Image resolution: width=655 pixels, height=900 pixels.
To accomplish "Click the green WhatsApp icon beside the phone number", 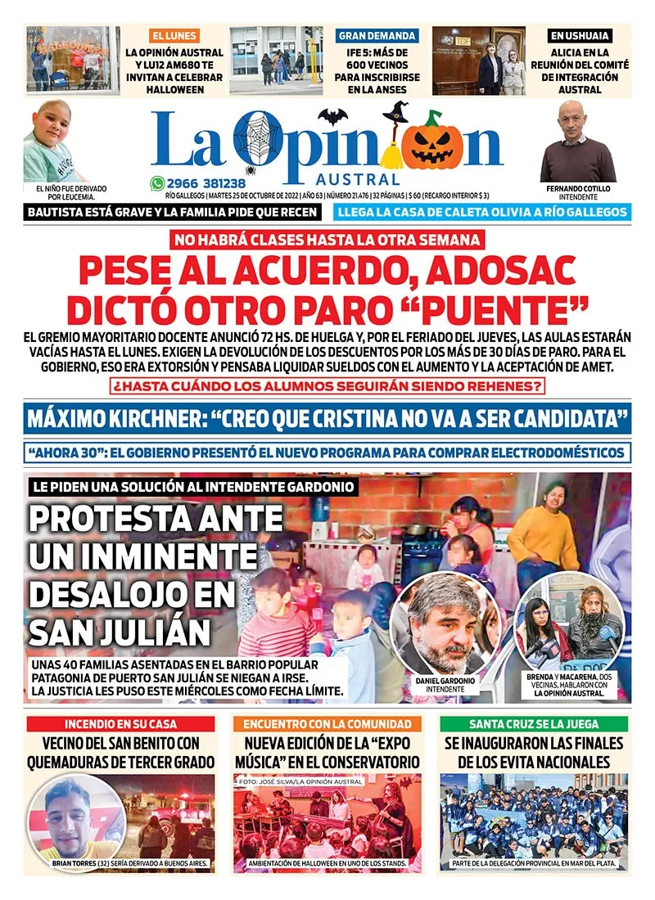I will pyautogui.click(x=156, y=184).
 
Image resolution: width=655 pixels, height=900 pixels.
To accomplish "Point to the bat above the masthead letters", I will pyautogui.click(x=333, y=116).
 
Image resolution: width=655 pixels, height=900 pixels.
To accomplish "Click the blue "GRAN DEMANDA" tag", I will pyautogui.click(x=377, y=36).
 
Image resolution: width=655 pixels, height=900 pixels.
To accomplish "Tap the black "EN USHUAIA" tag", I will pyautogui.click(x=580, y=36).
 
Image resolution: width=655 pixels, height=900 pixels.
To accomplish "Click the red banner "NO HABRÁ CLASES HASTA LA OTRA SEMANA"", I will pyautogui.click(x=327, y=241).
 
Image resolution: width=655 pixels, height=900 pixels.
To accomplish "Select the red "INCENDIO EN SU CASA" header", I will pyautogui.click(x=120, y=724).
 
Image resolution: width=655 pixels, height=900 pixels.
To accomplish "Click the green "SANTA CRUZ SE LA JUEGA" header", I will pyautogui.click(x=533, y=724).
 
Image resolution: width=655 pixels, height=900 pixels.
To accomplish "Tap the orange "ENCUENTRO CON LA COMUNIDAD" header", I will pyautogui.click(x=327, y=724).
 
